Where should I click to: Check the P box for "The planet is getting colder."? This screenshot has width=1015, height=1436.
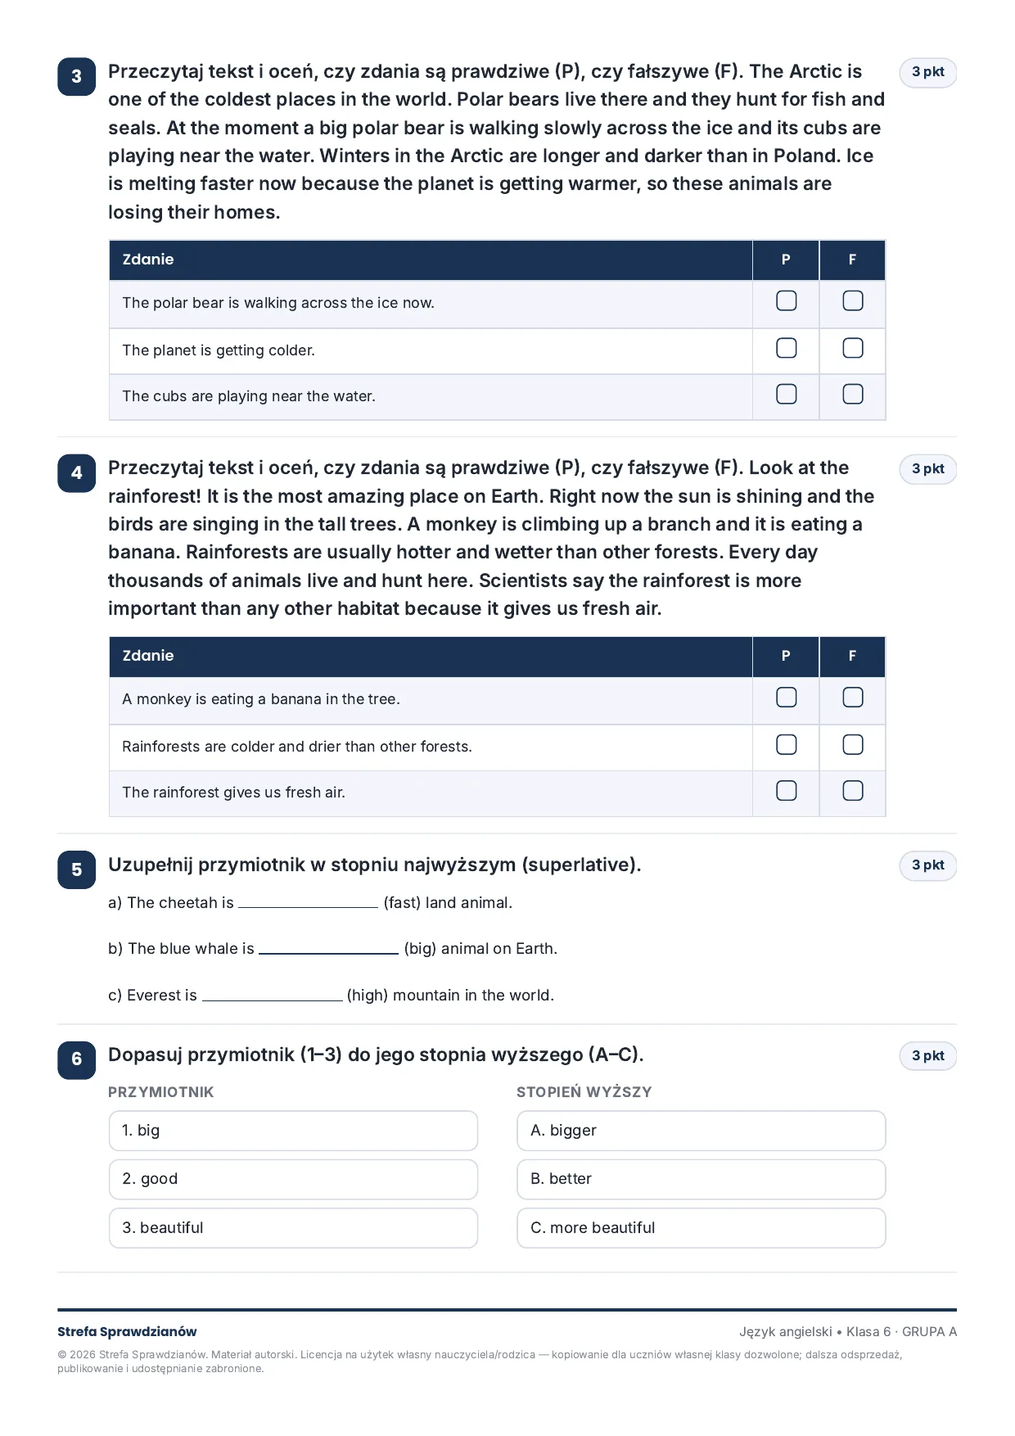(x=786, y=348)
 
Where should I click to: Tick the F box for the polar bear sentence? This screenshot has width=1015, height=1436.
(x=852, y=300)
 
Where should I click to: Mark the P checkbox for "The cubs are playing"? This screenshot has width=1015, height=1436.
(x=786, y=394)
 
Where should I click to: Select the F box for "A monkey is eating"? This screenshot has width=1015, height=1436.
(x=852, y=697)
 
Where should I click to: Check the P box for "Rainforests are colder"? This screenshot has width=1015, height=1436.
(x=786, y=744)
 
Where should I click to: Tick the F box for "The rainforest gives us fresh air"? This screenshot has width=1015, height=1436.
(x=852, y=790)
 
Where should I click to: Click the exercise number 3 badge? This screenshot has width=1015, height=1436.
(x=76, y=76)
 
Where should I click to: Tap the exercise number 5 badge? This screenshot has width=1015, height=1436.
(x=76, y=869)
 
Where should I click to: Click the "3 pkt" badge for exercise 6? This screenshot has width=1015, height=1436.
(x=927, y=1056)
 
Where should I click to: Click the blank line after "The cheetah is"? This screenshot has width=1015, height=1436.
(x=308, y=907)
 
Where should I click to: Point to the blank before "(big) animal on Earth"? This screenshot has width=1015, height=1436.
(x=328, y=953)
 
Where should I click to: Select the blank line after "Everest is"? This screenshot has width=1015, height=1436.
(x=272, y=1000)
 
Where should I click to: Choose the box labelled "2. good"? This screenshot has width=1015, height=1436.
(x=293, y=1179)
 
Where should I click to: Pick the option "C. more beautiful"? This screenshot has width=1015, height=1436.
(x=701, y=1228)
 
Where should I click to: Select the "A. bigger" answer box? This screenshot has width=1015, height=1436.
(x=701, y=1131)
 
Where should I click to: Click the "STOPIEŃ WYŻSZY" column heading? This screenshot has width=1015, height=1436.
(x=584, y=1092)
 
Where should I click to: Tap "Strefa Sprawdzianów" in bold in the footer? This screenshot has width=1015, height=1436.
(x=127, y=1331)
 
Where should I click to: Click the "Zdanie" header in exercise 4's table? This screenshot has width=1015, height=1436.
(x=148, y=656)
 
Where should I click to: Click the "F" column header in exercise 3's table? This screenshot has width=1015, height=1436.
(x=852, y=260)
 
